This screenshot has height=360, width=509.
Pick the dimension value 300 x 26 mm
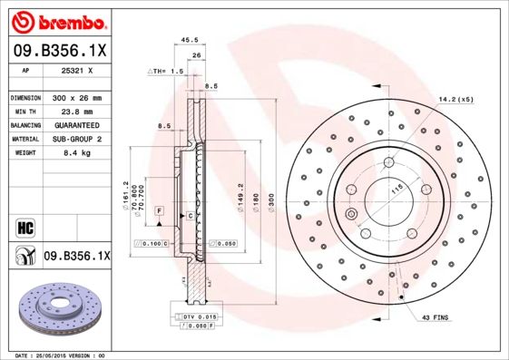click(x=77, y=97)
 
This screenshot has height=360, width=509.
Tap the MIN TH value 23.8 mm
click(x=77, y=111)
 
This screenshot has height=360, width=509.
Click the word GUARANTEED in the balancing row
click(x=77, y=124)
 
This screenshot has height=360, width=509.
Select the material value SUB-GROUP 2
click(x=77, y=139)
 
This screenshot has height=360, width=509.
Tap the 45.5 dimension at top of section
click(x=191, y=40)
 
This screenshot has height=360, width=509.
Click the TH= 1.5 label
click(x=166, y=70)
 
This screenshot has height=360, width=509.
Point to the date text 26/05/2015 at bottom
click(x=69, y=355)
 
